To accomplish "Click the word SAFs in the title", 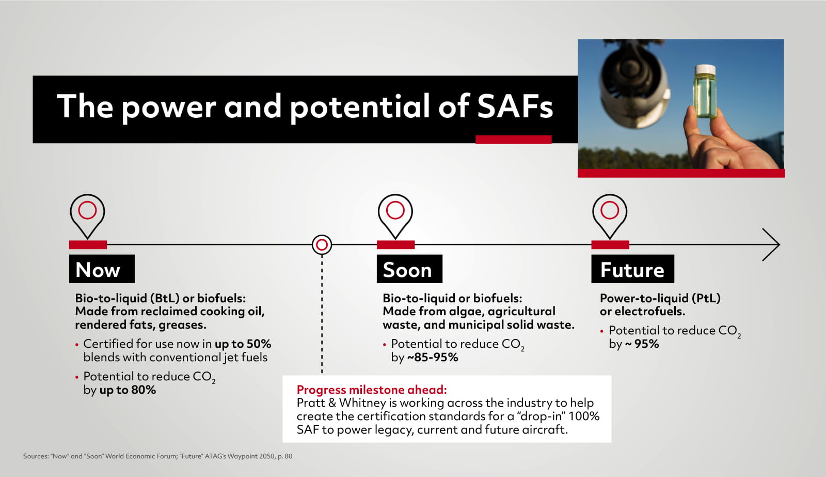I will [x=514, y=106].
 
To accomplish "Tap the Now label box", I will [x=102, y=269].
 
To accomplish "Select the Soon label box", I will [x=409, y=269].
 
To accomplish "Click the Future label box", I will [x=632, y=269].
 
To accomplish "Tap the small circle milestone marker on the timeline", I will [x=322, y=244].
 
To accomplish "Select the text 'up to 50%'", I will [x=243, y=344].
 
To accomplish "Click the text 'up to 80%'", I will [x=128, y=390].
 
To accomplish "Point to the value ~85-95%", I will [x=432, y=357].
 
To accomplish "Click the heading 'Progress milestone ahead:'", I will [x=371, y=390].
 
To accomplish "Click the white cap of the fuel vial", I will [x=705, y=69].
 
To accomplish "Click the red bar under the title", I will [x=513, y=140].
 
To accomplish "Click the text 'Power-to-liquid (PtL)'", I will [x=660, y=298].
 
